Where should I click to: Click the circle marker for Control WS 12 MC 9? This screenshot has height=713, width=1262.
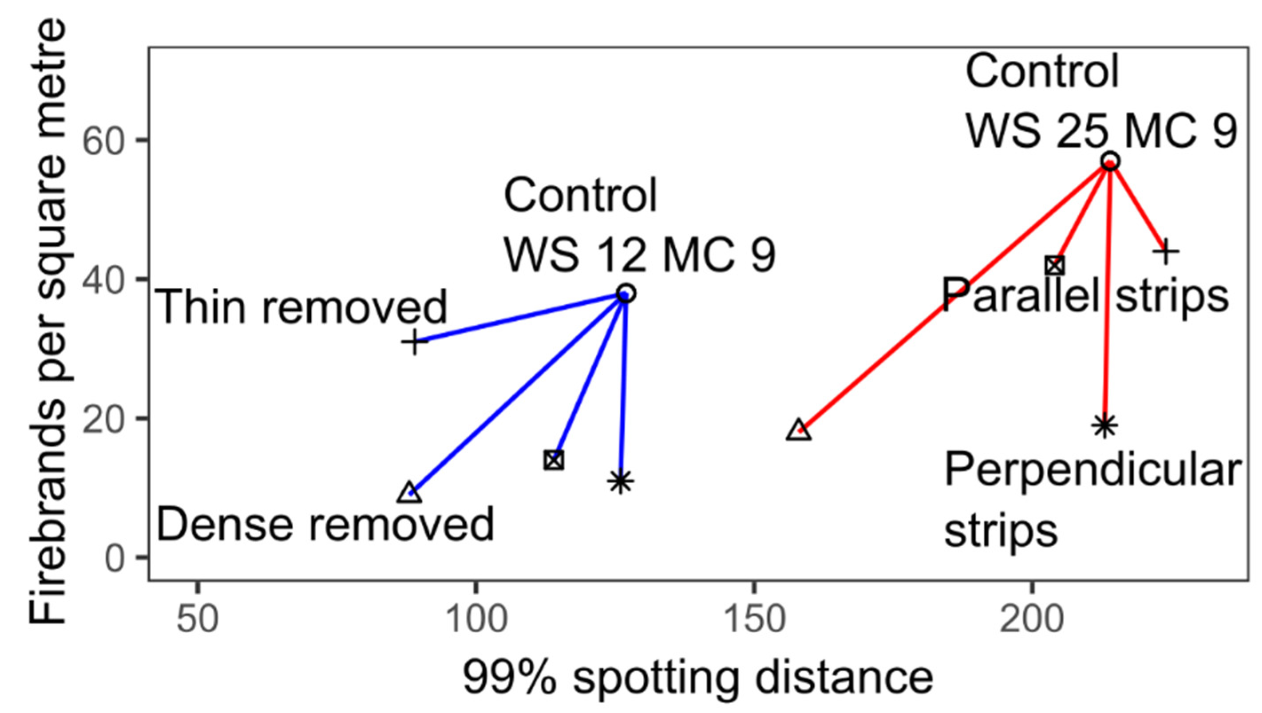[x=626, y=294]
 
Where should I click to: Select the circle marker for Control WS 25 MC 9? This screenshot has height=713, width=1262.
[x=1111, y=161]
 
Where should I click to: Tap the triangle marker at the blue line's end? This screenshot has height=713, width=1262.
[x=410, y=494]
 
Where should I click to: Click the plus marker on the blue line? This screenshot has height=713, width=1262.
[x=415, y=342]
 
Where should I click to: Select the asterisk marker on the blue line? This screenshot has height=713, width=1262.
[x=621, y=482]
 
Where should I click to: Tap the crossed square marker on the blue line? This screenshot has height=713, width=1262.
[x=554, y=460]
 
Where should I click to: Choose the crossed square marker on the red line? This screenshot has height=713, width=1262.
[x=1055, y=266]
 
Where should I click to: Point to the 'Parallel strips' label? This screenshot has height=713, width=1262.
[x=1085, y=296]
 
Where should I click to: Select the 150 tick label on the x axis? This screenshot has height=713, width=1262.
[x=754, y=620]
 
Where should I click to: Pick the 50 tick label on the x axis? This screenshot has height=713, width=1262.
[x=197, y=620]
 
